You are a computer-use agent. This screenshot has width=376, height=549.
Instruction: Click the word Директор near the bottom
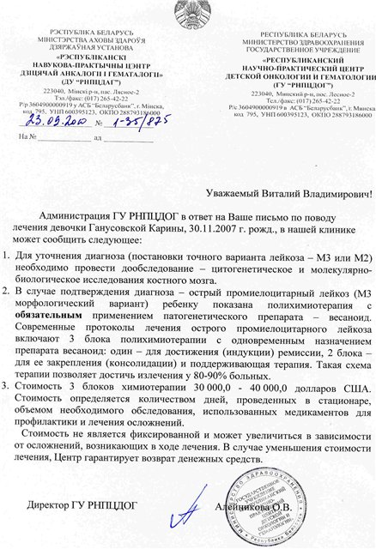pyautogui.click(x=52, y=504)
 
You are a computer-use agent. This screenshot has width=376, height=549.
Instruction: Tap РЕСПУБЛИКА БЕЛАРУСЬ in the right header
pyautogui.click(x=292, y=33)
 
